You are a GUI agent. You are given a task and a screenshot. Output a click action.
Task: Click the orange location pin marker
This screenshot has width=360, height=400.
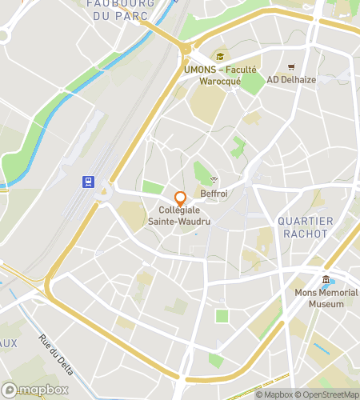(x=180, y=198)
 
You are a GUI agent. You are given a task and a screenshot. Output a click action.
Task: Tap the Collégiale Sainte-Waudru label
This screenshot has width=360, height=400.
(x=180, y=217)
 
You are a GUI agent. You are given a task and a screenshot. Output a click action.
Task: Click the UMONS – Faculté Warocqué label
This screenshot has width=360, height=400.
(x=220, y=75)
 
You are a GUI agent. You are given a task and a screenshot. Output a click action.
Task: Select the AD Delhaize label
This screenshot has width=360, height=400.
(x=291, y=80)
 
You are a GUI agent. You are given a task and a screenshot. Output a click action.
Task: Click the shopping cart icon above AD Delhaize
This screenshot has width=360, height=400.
(x=291, y=66)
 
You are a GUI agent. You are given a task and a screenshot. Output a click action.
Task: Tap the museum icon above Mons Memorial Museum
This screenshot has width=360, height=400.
(x=326, y=280)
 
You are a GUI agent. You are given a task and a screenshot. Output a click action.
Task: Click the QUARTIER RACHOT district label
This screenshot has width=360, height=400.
(x=302, y=227)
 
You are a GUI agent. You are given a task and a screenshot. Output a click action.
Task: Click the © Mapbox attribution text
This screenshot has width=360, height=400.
(x=274, y=394)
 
